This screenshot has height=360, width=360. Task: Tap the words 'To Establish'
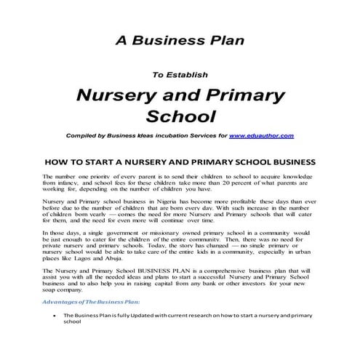point(179,73)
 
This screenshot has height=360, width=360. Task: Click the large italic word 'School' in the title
point(180,116)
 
